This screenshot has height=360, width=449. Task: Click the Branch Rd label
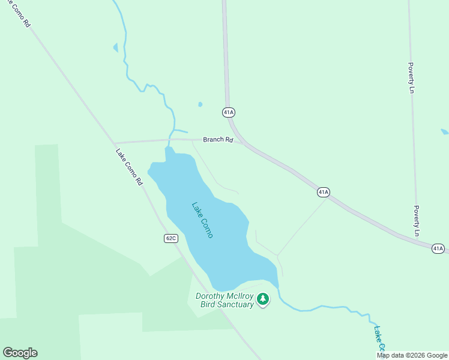click(217, 140)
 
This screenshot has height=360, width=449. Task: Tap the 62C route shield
click(171, 238)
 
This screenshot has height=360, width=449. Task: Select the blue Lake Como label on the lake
click(202, 220)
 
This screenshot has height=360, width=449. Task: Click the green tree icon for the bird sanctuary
click(262, 298)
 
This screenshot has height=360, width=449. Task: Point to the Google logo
click(20, 353)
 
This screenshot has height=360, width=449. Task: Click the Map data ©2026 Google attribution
click(412, 355)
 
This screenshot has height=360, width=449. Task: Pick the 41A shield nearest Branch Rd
click(228, 112)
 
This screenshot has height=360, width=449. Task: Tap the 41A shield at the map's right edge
click(438, 248)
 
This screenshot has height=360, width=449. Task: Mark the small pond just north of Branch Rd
click(200, 104)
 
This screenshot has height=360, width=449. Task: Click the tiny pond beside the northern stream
click(115, 47)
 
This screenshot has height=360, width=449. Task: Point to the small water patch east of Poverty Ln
click(444, 131)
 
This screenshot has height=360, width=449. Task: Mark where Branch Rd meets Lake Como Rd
click(114, 143)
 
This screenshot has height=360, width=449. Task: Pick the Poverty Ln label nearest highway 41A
click(416, 220)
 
